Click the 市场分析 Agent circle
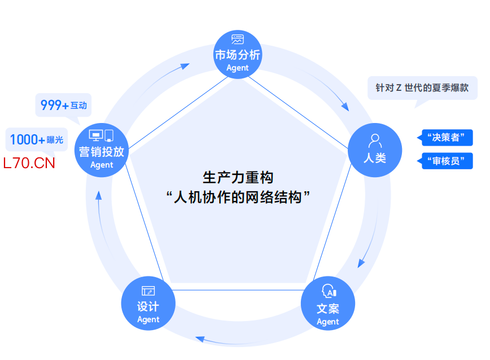(238, 55)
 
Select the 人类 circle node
(374, 149)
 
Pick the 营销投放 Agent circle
(102, 151)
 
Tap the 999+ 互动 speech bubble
(63, 105)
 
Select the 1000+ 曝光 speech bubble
(36, 139)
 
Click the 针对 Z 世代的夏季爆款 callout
(422, 88)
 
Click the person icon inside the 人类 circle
(374, 139)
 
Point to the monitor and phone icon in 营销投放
(102, 135)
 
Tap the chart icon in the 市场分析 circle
(238, 40)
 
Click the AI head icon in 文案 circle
(328, 291)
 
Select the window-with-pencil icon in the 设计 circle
(148, 291)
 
